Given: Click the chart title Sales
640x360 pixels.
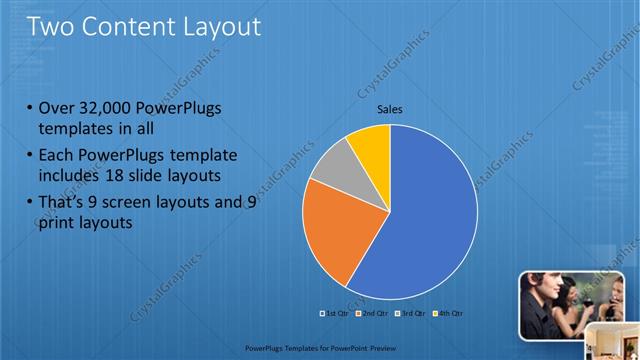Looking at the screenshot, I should click(389, 109).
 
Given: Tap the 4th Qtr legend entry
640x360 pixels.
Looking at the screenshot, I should click(449, 313).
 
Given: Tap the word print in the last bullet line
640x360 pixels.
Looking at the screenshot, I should click(56, 223).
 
